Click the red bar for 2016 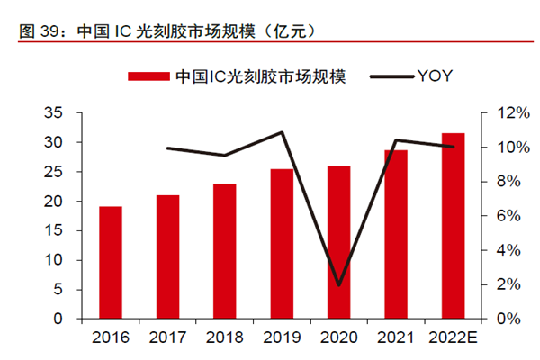pos(111,263)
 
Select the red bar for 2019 pos(282,244)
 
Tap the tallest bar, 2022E pos(453,226)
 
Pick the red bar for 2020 pos(338,242)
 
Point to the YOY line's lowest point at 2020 pos(338,285)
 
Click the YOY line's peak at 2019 pos(282,133)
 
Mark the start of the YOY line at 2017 pos(167,148)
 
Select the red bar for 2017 pos(167,256)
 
